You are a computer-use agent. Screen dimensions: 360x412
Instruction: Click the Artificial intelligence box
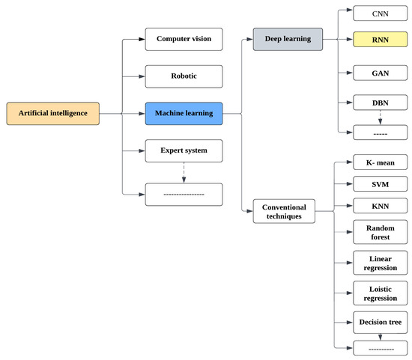[52, 113]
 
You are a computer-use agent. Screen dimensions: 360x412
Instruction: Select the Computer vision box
[184, 39]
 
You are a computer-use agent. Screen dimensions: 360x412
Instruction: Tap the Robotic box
[184, 76]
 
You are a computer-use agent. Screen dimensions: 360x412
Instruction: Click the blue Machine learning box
[184, 113]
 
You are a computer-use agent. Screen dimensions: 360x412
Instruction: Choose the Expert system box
[184, 150]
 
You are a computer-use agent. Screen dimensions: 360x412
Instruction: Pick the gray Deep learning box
[288, 39]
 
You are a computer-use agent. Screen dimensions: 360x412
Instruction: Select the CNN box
[380, 14]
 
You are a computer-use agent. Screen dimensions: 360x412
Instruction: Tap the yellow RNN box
[380, 39]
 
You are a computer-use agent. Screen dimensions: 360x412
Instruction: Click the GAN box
[380, 73]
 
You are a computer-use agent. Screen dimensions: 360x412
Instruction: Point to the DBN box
[380, 103]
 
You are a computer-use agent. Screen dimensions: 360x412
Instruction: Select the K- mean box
[380, 162]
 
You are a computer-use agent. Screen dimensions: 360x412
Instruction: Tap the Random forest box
[380, 231]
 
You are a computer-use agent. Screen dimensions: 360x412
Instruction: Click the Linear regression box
[380, 262]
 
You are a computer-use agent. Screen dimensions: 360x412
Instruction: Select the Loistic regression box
[380, 292]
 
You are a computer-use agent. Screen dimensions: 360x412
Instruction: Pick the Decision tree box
[380, 322]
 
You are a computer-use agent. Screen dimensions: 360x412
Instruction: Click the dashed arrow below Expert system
[184, 172]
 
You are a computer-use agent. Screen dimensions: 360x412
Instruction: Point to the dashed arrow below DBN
[380, 118]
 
